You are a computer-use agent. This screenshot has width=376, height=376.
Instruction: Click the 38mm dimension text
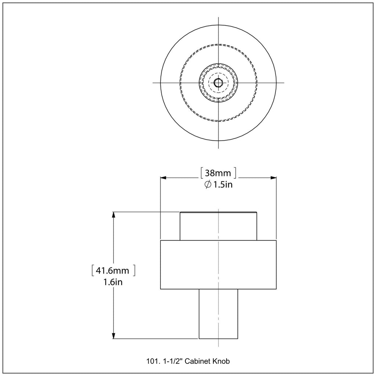(x=218, y=173)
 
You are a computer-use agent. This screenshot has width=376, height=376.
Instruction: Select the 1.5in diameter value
(x=223, y=185)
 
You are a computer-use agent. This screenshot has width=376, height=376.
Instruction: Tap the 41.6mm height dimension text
(x=112, y=271)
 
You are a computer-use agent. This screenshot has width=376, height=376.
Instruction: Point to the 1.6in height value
(x=113, y=282)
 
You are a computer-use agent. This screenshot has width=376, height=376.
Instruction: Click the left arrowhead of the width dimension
(x=163, y=178)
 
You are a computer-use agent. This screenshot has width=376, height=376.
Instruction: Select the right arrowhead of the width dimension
(x=274, y=178)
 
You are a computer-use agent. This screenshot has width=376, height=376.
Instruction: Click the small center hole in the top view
(x=218, y=83)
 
